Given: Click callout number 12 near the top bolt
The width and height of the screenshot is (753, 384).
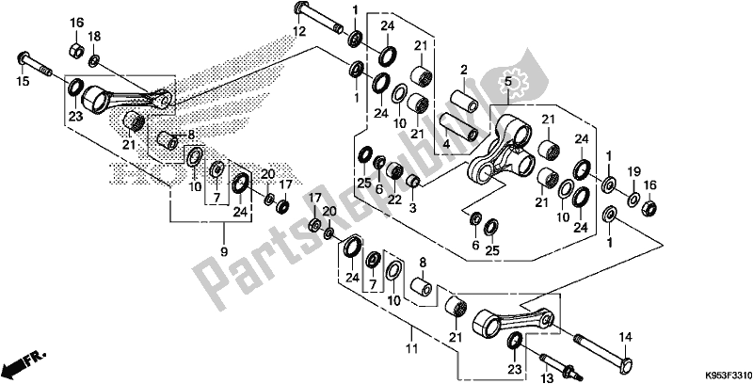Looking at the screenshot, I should click(x=300, y=33).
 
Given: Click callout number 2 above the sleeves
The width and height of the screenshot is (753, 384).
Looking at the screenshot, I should click(x=464, y=71).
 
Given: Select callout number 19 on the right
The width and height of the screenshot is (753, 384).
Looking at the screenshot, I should click(x=633, y=170).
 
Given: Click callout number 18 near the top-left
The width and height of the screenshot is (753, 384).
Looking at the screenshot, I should click(x=95, y=36).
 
